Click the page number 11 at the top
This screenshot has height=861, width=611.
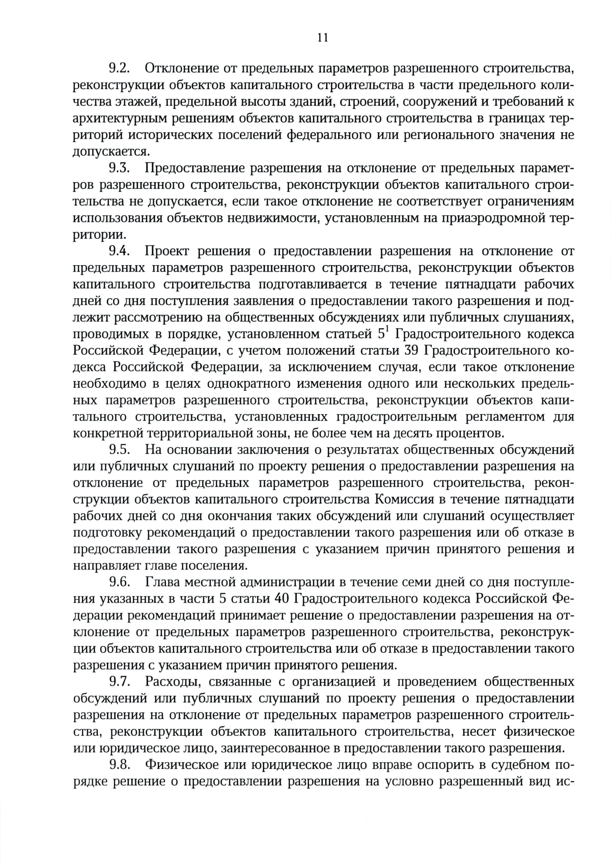pyautogui.click(x=322, y=38)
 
